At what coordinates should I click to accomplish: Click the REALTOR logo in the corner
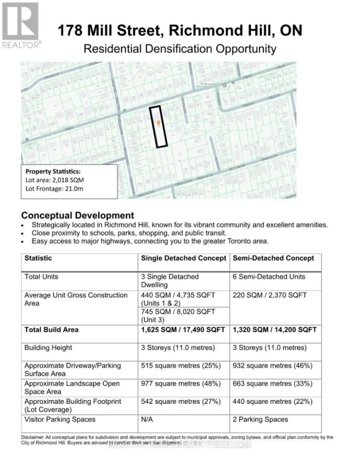click(x=20, y=24)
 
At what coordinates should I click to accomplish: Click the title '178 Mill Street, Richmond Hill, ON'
click(x=180, y=31)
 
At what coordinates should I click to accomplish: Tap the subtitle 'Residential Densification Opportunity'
click(x=180, y=49)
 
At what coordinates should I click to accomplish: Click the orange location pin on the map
click(x=159, y=123)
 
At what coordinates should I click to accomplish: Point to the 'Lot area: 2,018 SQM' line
click(x=57, y=180)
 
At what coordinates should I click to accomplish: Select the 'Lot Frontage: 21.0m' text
click(x=55, y=189)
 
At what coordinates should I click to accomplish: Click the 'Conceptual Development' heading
click(x=77, y=215)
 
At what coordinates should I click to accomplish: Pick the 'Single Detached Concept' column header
click(x=183, y=258)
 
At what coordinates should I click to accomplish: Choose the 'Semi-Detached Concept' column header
click(x=273, y=258)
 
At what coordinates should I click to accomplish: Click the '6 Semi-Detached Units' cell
click(x=269, y=277)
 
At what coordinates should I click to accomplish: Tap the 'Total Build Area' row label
click(x=51, y=330)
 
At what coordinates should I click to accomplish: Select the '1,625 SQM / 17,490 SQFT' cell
click(x=183, y=330)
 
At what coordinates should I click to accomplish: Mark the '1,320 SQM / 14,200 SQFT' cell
click(x=274, y=330)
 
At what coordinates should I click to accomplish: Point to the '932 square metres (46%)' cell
click(x=272, y=366)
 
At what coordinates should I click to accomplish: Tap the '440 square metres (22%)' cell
click(x=272, y=401)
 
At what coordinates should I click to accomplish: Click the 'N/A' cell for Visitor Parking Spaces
click(x=148, y=420)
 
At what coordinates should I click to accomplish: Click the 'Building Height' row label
click(x=48, y=348)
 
